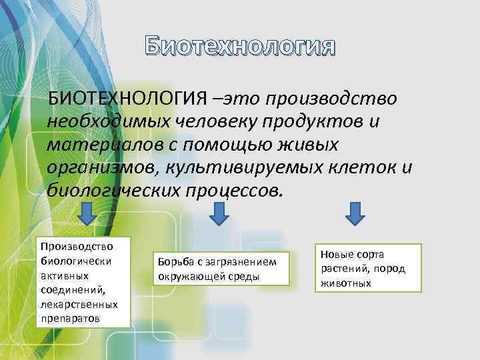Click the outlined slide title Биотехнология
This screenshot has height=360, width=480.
[x=241, y=47]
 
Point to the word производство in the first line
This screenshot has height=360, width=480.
[x=331, y=99]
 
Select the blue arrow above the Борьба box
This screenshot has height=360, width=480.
[x=219, y=215]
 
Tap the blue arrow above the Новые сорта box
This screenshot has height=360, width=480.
[x=357, y=215]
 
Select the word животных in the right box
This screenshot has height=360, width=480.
[x=344, y=283]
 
